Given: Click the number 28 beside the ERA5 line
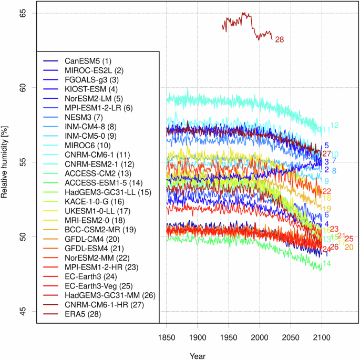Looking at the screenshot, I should (x=279, y=39).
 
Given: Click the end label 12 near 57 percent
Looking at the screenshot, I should (x=334, y=125).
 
